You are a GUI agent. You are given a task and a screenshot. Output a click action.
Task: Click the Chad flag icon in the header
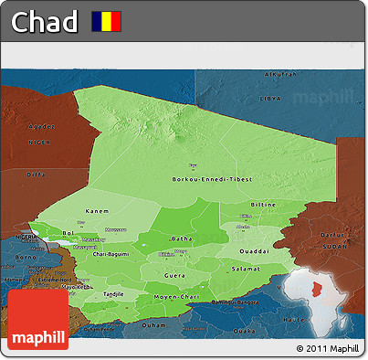(105, 21)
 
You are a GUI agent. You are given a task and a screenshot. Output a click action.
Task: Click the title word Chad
(44, 22)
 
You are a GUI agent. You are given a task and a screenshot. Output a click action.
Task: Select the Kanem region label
(98, 212)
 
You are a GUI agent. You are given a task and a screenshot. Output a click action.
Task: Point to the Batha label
(182, 238)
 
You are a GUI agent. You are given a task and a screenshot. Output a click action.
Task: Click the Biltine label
(263, 206)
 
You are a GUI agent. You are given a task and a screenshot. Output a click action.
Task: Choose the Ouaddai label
(253, 250)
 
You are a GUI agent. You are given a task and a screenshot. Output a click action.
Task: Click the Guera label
(173, 274)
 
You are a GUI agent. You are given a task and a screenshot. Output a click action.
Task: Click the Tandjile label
(112, 294)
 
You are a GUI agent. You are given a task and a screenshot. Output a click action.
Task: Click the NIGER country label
(38, 142)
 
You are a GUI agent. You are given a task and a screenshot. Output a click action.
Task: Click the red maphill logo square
(38, 320)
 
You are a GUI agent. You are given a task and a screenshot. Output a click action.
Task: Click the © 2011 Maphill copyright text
(328, 349)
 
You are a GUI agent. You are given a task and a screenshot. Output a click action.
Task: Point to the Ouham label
(152, 325)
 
